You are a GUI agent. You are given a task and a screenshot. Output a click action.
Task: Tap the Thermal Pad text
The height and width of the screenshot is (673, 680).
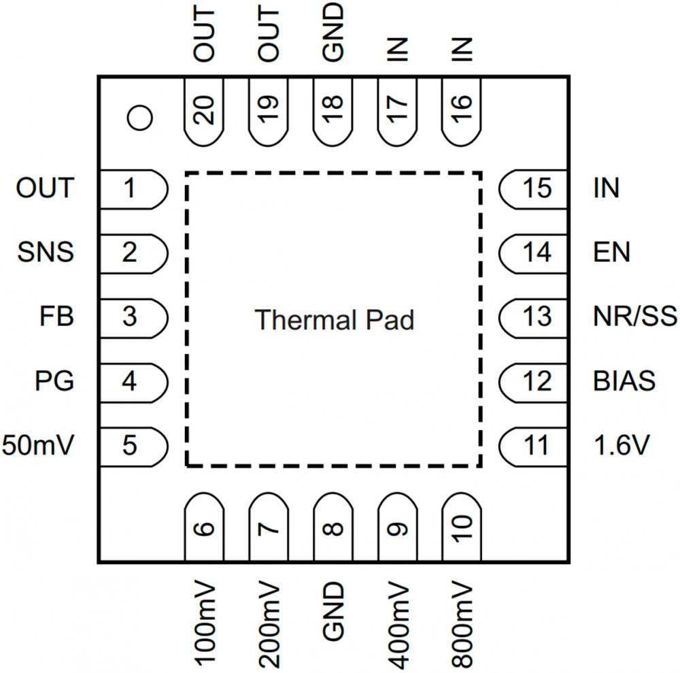click(x=334, y=319)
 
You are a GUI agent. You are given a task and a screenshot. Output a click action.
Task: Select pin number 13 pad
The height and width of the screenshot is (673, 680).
click(x=534, y=316)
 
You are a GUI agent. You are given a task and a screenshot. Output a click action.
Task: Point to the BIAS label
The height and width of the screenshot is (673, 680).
click(x=624, y=381)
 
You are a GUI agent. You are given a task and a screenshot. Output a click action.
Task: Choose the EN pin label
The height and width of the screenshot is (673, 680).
click(x=611, y=253)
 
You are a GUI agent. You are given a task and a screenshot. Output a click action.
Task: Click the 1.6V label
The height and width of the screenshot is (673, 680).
click(x=621, y=446)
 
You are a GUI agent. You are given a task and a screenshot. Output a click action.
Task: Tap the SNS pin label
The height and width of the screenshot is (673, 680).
click(x=46, y=253)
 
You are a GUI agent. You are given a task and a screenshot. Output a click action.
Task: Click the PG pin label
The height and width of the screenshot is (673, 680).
click(x=54, y=381)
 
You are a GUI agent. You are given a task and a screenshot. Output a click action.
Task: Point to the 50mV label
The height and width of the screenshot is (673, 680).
click(x=37, y=446)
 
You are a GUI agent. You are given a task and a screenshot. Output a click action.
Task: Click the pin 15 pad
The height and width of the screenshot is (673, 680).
click(x=534, y=188)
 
